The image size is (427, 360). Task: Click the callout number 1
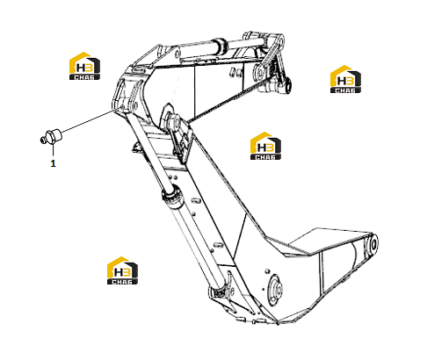[53, 163]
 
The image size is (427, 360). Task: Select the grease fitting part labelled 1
[50, 137]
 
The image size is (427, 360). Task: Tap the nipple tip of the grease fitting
[42, 140]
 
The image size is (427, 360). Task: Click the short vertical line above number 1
[53, 150]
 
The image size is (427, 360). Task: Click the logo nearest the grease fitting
[84, 66]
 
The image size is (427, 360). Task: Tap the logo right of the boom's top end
[345, 79]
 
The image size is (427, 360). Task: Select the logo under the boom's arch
[265, 146]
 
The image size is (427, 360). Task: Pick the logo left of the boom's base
[122, 270]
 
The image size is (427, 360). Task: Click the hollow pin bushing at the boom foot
[373, 244]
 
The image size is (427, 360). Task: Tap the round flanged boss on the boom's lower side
[275, 288]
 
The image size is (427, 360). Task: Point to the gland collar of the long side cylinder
[173, 195]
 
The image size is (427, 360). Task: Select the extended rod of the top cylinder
[246, 42]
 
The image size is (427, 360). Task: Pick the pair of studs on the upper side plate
[235, 72]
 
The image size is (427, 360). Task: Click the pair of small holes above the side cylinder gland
[172, 177]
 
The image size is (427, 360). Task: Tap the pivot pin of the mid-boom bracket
[174, 121]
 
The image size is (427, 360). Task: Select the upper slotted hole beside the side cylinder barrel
[196, 201]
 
